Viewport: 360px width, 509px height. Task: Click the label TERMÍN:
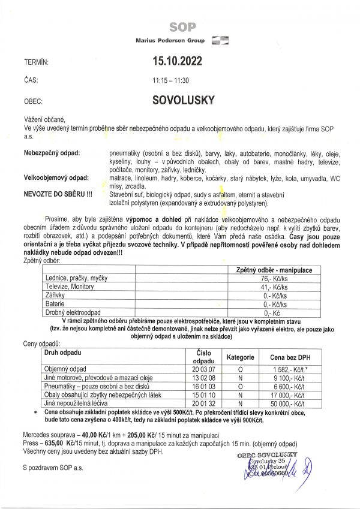35,62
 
